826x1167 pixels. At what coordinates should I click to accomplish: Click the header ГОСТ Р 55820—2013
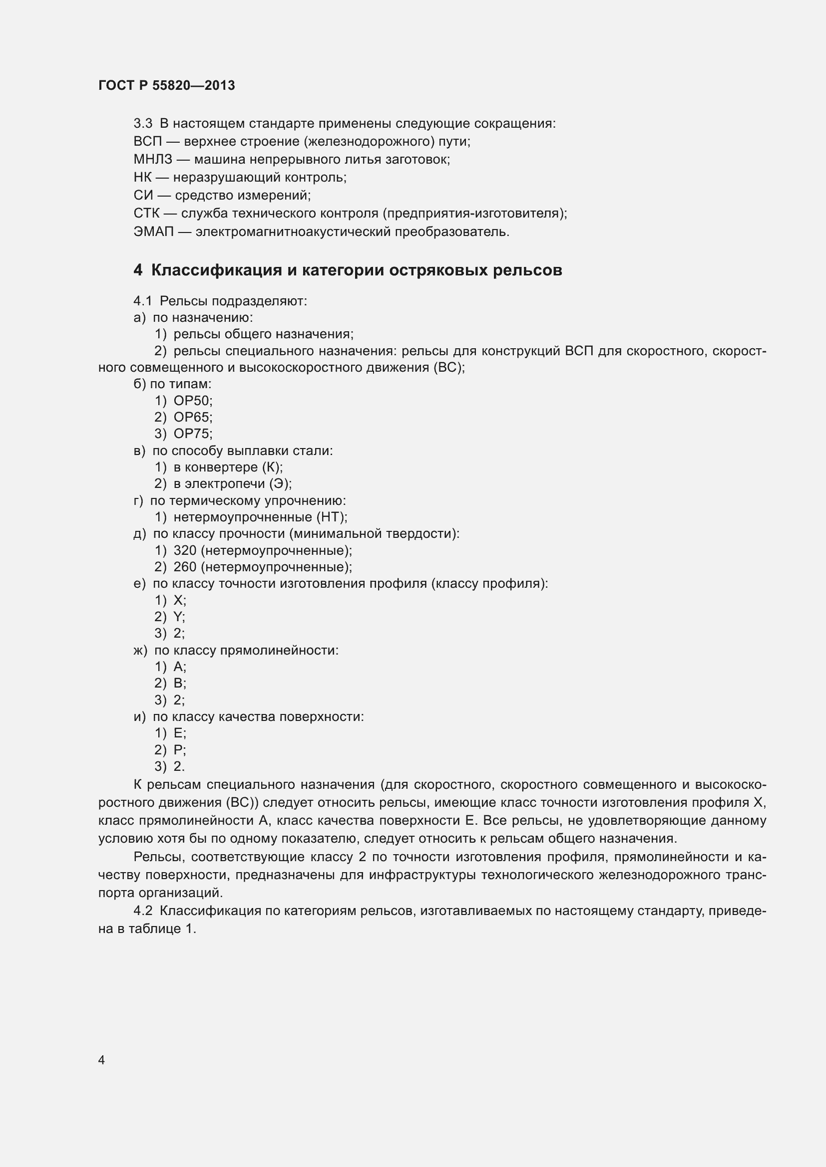[166, 85]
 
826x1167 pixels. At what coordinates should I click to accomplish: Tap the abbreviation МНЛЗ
[153, 159]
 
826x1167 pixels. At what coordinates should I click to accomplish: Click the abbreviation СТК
[146, 213]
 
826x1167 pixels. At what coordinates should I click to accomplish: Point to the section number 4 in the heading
[138, 270]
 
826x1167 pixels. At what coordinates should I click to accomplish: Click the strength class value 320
[185, 550]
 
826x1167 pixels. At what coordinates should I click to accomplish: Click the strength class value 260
[185, 567]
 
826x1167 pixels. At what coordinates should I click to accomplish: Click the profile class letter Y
[177, 617]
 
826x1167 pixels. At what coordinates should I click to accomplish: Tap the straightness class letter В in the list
[178, 683]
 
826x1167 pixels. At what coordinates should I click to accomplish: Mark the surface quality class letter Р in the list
[178, 750]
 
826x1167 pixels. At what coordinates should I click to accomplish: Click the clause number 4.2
[142, 911]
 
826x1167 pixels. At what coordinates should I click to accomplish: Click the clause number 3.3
[142, 124]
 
